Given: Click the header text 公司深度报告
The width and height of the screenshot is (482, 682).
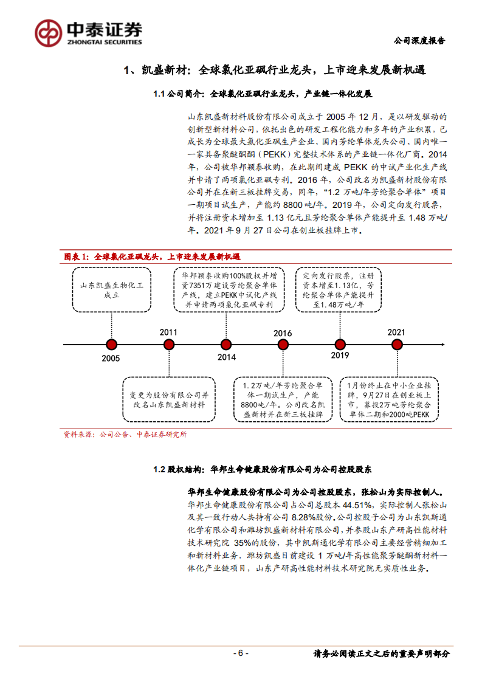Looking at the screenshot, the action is (419, 41).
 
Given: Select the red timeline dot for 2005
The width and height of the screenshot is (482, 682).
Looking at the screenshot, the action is (111, 344).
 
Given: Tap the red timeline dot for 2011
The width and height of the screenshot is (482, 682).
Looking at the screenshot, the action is (169, 344).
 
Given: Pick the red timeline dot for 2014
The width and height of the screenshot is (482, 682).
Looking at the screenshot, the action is (226, 344).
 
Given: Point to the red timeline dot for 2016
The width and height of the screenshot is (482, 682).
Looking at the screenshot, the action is (283, 344).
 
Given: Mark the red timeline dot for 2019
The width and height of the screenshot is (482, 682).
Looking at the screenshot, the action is (340, 344).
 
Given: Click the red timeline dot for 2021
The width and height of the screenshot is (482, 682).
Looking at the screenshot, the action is (397, 344).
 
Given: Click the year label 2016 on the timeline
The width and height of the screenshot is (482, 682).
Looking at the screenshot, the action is (283, 333).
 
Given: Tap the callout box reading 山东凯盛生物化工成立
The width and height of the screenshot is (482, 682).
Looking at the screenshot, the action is (111, 290).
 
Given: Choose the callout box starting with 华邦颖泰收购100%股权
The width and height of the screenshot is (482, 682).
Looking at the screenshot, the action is (226, 290).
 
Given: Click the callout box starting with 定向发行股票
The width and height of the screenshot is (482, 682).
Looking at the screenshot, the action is (340, 290).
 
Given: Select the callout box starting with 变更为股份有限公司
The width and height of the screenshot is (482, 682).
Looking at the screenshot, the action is (169, 399).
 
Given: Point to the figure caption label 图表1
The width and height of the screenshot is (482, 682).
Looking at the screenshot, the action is (77, 257).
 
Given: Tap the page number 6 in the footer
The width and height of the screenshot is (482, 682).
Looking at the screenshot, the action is (241, 653).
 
